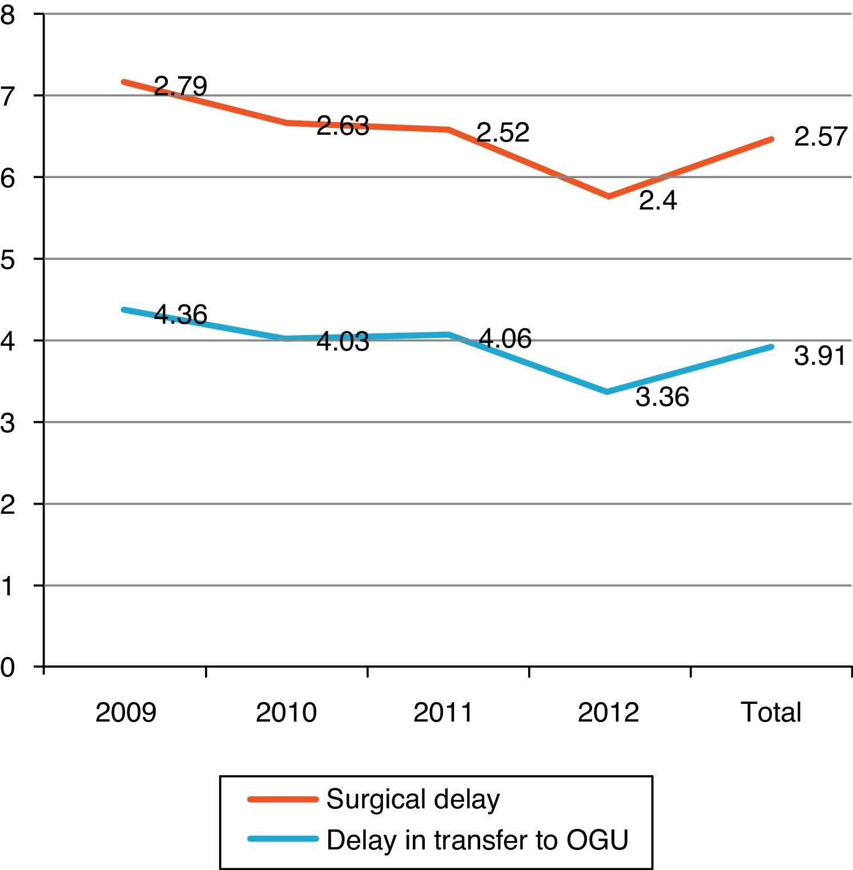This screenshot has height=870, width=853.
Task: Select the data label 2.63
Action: pos(343,126)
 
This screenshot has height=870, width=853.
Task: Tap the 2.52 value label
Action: pos(503,133)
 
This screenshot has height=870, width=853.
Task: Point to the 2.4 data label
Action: pos(658,201)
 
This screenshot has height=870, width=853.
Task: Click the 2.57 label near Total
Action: pos(820,138)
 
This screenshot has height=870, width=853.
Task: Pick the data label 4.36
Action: pos(180,315)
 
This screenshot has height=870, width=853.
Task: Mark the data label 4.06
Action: pos(505,339)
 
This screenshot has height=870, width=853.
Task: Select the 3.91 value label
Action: pos(820,356)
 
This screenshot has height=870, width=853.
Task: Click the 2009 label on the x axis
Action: pos(126,712)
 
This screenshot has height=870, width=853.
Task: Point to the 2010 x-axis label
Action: pos(286,712)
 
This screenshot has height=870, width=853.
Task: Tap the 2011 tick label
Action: pos(444,712)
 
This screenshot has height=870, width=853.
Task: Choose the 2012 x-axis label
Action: pos(608,712)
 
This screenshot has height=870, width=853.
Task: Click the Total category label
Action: pos(771,712)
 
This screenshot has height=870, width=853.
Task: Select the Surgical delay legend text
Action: pos(413,799)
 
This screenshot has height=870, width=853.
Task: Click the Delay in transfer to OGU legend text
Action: pos(477,840)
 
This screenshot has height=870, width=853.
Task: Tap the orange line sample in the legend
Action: pos(283,799)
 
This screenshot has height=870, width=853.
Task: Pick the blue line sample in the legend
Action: pos(283,839)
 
